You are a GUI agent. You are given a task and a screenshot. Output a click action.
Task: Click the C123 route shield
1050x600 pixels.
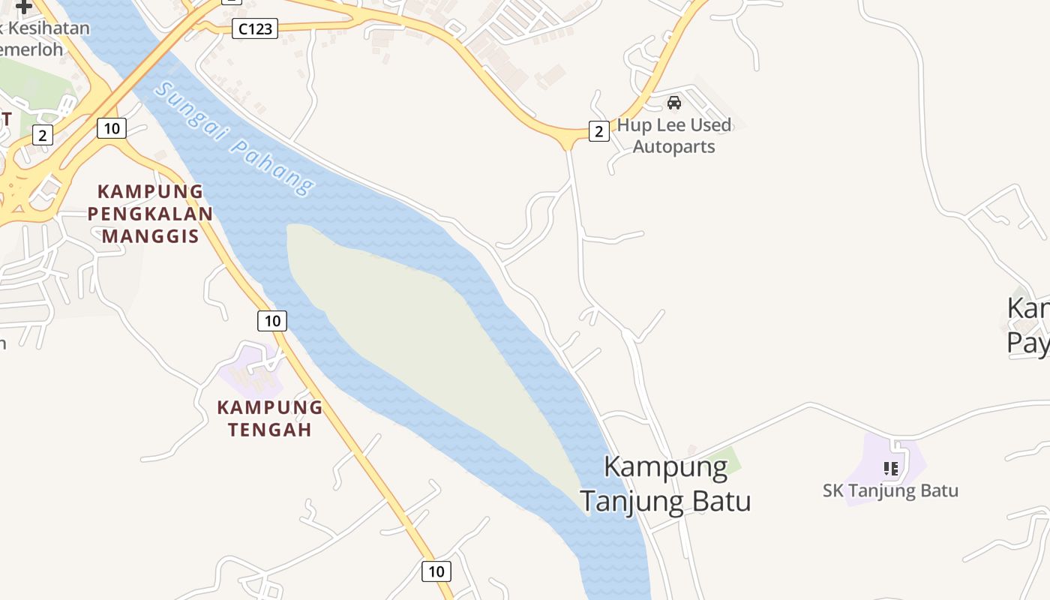click(x=255, y=29)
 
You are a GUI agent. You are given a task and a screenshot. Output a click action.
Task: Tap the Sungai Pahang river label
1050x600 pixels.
click(x=235, y=139)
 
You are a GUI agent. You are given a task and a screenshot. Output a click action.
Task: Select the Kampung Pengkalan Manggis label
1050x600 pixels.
click(x=150, y=214)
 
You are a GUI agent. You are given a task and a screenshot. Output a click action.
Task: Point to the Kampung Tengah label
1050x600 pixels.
click(x=270, y=418)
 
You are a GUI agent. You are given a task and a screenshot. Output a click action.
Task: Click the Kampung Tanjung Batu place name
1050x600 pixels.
click(x=666, y=484)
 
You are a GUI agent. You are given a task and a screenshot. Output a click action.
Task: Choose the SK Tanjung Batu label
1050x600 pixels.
click(x=890, y=491)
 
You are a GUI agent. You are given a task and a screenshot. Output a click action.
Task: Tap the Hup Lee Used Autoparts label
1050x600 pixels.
click(x=673, y=136)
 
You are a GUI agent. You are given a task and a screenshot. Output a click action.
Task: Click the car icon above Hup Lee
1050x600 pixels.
click(x=674, y=103)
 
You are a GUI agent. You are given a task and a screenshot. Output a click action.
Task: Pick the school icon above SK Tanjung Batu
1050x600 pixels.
click(x=891, y=469)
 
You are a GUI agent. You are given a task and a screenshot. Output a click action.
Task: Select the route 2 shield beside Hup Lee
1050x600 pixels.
click(x=598, y=131)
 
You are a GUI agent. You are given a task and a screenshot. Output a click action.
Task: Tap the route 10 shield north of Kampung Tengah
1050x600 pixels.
click(x=272, y=321)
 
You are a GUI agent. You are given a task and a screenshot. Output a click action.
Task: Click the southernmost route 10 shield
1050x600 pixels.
click(x=436, y=571)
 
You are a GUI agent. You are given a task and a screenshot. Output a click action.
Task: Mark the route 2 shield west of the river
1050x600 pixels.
click(x=43, y=135)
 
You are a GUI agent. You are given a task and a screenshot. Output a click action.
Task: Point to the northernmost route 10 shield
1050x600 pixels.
click(x=112, y=128)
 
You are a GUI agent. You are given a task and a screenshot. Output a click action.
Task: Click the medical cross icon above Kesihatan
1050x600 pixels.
click(x=24, y=7)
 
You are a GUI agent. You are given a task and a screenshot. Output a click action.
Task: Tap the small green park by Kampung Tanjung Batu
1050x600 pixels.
click(x=724, y=458)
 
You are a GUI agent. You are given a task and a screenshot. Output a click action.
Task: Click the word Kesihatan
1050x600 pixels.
click(x=49, y=29)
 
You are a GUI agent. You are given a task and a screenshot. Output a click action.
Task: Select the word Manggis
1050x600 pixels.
click(x=150, y=236)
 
